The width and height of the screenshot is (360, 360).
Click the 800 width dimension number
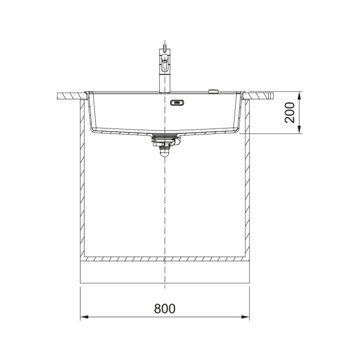pos(165,309)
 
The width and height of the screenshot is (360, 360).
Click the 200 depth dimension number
pos(290,112)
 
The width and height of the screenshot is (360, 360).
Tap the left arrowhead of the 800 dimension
pos(84,317)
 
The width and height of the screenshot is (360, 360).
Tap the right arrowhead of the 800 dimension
pos(245,317)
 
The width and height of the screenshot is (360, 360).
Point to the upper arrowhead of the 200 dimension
pos(299,95)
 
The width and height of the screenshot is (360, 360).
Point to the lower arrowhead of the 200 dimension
pos(299,129)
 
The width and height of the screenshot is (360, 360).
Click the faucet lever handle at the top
pos(165,47)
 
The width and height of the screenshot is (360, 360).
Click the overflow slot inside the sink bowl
pos(177,103)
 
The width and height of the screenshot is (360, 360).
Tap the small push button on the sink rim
pos(213,91)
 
